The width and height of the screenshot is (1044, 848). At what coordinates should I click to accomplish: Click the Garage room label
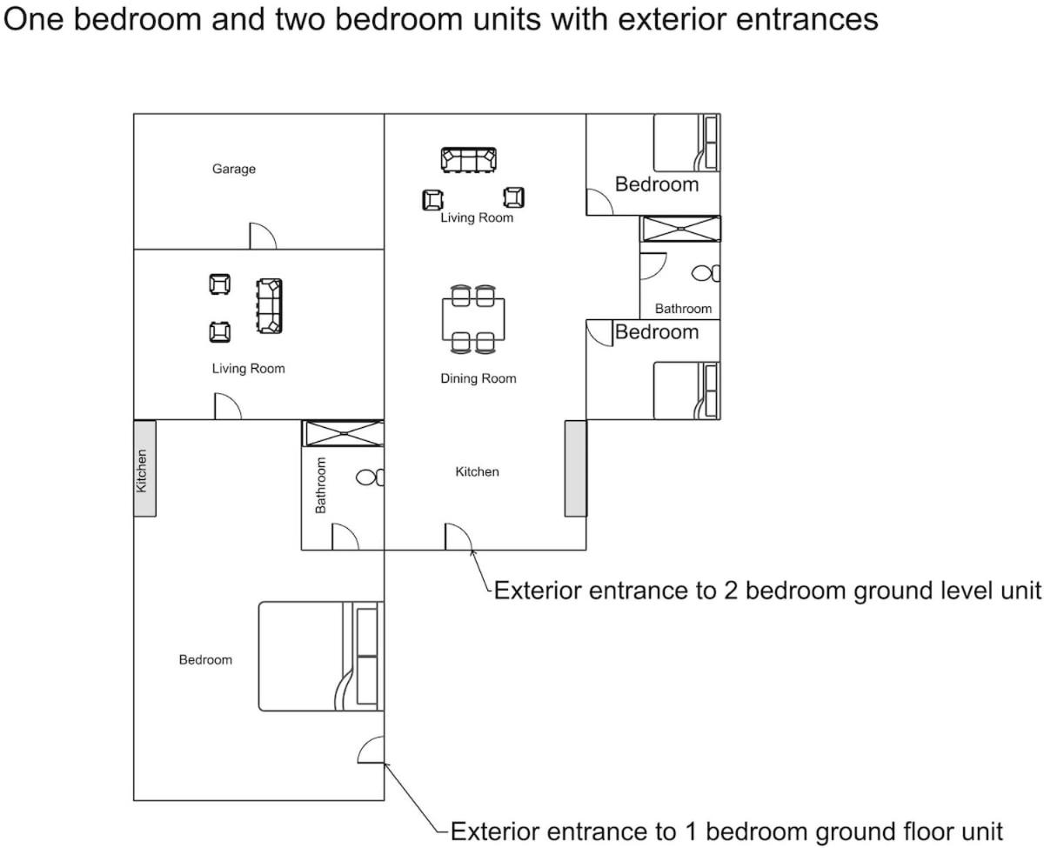234,169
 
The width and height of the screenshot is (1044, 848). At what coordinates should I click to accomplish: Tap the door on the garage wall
262,236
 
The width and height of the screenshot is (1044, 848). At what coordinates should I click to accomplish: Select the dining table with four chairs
473,319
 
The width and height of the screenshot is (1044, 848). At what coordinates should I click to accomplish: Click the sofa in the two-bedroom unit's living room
468,160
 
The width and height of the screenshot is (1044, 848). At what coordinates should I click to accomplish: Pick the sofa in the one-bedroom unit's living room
269,306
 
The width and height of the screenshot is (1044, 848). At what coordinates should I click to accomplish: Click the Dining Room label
478,378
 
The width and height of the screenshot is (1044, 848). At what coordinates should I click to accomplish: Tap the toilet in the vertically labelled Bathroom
370,477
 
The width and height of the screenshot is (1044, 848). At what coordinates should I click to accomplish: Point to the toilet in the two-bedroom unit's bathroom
706,273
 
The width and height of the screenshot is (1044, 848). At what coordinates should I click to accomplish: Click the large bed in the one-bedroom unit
321,656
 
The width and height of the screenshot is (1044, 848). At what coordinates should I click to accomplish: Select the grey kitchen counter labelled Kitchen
145,468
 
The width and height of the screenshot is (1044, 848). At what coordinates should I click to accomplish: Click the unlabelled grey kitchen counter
575,468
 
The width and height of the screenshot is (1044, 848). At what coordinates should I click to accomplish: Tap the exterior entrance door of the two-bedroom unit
458,537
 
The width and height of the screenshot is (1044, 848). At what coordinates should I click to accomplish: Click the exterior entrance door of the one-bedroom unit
371,750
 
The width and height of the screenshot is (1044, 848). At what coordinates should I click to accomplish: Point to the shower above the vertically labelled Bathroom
343,433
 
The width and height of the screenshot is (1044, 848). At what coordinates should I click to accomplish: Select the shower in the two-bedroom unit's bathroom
680,228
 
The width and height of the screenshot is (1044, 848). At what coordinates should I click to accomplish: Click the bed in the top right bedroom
686,142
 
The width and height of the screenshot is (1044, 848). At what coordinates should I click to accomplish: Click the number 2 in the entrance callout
731,591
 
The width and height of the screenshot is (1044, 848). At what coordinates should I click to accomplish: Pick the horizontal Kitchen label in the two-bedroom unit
477,471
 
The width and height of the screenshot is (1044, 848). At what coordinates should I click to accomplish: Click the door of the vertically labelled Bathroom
345,537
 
